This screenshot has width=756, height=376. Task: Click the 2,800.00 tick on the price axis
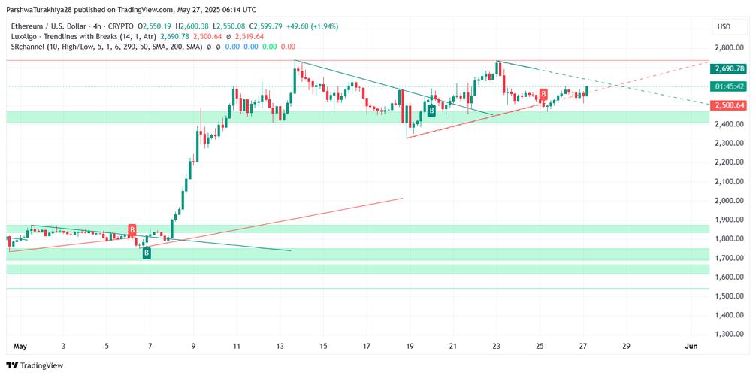click(x=725, y=47)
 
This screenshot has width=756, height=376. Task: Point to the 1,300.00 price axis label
click(x=725, y=334)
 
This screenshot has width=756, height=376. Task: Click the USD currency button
click(x=724, y=26)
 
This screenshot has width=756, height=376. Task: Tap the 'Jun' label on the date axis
click(x=692, y=346)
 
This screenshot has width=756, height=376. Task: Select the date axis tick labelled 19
click(x=410, y=346)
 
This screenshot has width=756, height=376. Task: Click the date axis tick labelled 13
click(x=280, y=346)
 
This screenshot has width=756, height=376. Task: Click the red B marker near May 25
click(x=543, y=94)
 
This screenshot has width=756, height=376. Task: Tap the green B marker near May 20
click(x=431, y=111)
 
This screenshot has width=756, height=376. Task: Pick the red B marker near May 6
click(x=132, y=229)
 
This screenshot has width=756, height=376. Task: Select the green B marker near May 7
click(x=147, y=253)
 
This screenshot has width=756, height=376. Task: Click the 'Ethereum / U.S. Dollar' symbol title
click(x=53, y=26)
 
